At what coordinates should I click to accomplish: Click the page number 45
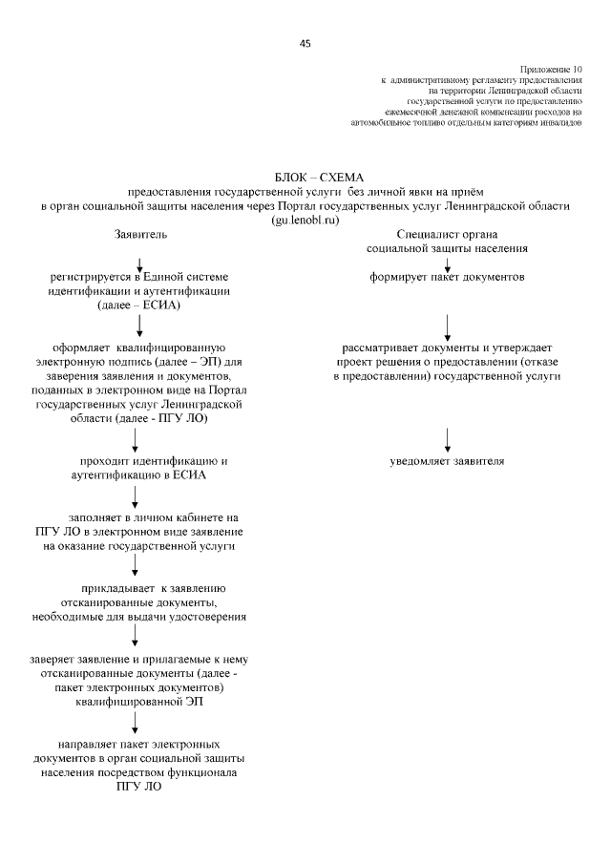305,44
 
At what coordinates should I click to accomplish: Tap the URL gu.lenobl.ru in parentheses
305,220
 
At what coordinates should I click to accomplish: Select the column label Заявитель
140,234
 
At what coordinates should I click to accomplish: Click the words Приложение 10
551,70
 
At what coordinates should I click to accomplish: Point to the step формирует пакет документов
448,278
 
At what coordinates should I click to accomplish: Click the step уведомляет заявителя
447,461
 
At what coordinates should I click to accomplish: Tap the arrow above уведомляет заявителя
448,439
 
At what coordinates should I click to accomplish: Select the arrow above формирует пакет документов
448,263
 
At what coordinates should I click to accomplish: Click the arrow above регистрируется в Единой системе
140,263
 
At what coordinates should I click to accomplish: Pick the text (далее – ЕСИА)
140,305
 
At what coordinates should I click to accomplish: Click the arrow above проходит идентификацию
136,439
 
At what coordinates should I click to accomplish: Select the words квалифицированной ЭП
139,702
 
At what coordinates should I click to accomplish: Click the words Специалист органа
448,234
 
